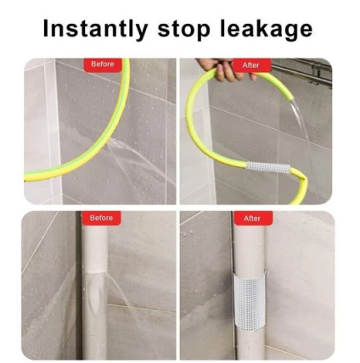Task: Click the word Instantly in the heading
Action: (x=95, y=29)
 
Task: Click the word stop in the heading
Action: (x=183, y=30)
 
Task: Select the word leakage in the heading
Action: (x=266, y=29)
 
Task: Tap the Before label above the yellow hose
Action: (x=103, y=64)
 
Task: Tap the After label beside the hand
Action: (x=251, y=65)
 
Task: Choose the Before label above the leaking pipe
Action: (x=101, y=218)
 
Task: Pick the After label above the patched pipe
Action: (x=252, y=219)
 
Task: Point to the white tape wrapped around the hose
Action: (x=267, y=167)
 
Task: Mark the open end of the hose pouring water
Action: (x=292, y=98)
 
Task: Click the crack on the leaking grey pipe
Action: (x=95, y=273)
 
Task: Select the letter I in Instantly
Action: (x=46, y=28)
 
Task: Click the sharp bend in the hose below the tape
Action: (x=303, y=179)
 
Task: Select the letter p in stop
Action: (x=203, y=31)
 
